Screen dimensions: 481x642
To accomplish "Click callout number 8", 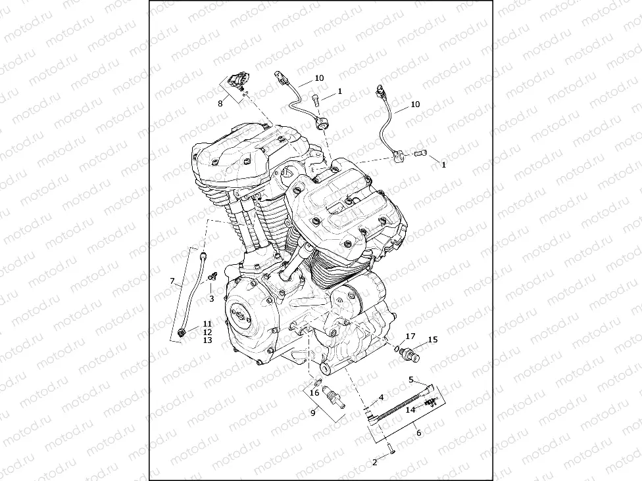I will pos(220,103).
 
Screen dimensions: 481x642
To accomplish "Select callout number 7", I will pos(172,281).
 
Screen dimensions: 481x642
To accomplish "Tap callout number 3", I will pos(211,299).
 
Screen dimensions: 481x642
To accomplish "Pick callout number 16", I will pos(314,393).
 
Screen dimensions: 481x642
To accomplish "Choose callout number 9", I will pos(313,412).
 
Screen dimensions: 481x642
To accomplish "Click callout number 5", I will pos(411,380).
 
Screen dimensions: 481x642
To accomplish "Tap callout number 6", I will pos(418,432).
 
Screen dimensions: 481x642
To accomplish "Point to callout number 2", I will pos(375,463).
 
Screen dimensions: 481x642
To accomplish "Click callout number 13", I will pos(207,340).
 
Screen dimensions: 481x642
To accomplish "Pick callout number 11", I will pos(207,323).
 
